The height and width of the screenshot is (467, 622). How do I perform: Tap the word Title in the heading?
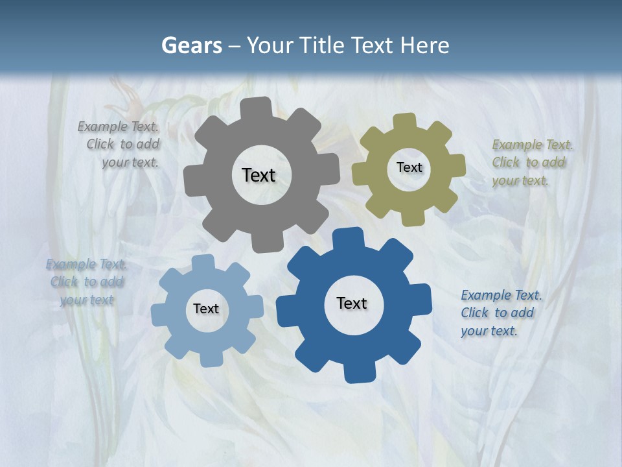(x=323, y=45)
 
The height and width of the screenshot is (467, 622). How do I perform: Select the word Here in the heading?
(x=425, y=45)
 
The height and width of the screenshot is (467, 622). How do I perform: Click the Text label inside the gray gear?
(x=259, y=175)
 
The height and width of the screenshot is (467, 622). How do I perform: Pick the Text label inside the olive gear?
(x=409, y=167)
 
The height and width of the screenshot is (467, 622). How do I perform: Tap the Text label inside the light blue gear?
(x=206, y=309)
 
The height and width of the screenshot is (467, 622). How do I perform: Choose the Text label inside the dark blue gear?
(x=352, y=303)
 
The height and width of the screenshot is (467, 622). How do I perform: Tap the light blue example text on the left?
(x=87, y=282)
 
